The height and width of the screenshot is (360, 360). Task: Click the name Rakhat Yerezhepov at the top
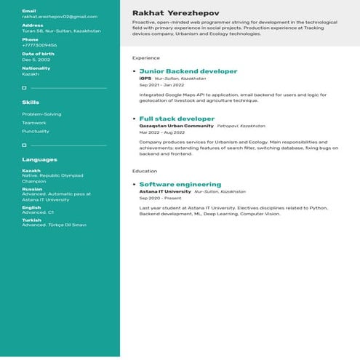(x=175, y=13)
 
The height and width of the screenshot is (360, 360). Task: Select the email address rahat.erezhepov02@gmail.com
(x=60, y=16)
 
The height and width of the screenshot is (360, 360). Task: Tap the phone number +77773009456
(x=39, y=45)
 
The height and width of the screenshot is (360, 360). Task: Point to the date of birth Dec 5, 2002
(x=36, y=60)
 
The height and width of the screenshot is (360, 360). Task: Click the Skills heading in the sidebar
(x=31, y=103)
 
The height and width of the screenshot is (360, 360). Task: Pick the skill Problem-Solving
(x=41, y=114)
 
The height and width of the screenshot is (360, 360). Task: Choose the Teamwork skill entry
(x=34, y=123)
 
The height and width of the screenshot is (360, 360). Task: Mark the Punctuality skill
(x=36, y=132)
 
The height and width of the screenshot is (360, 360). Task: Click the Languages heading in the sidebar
(x=39, y=159)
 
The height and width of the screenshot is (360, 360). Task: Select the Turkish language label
(x=31, y=220)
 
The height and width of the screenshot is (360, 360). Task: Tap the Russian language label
(x=32, y=189)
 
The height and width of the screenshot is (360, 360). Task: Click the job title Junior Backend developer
(x=188, y=71)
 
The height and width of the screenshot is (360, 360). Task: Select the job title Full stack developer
(x=177, y=119)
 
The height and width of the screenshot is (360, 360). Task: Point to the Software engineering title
(x=180, y=185)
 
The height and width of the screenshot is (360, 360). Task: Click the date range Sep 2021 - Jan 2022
(x=161, y=84)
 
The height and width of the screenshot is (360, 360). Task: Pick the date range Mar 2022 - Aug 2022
(x=162, y=132)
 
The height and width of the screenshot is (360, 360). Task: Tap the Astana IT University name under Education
(x=165, y=192)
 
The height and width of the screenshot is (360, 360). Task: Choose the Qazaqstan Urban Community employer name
(x=177, y=126)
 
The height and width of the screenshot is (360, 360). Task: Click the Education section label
(x=144, y=171)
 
